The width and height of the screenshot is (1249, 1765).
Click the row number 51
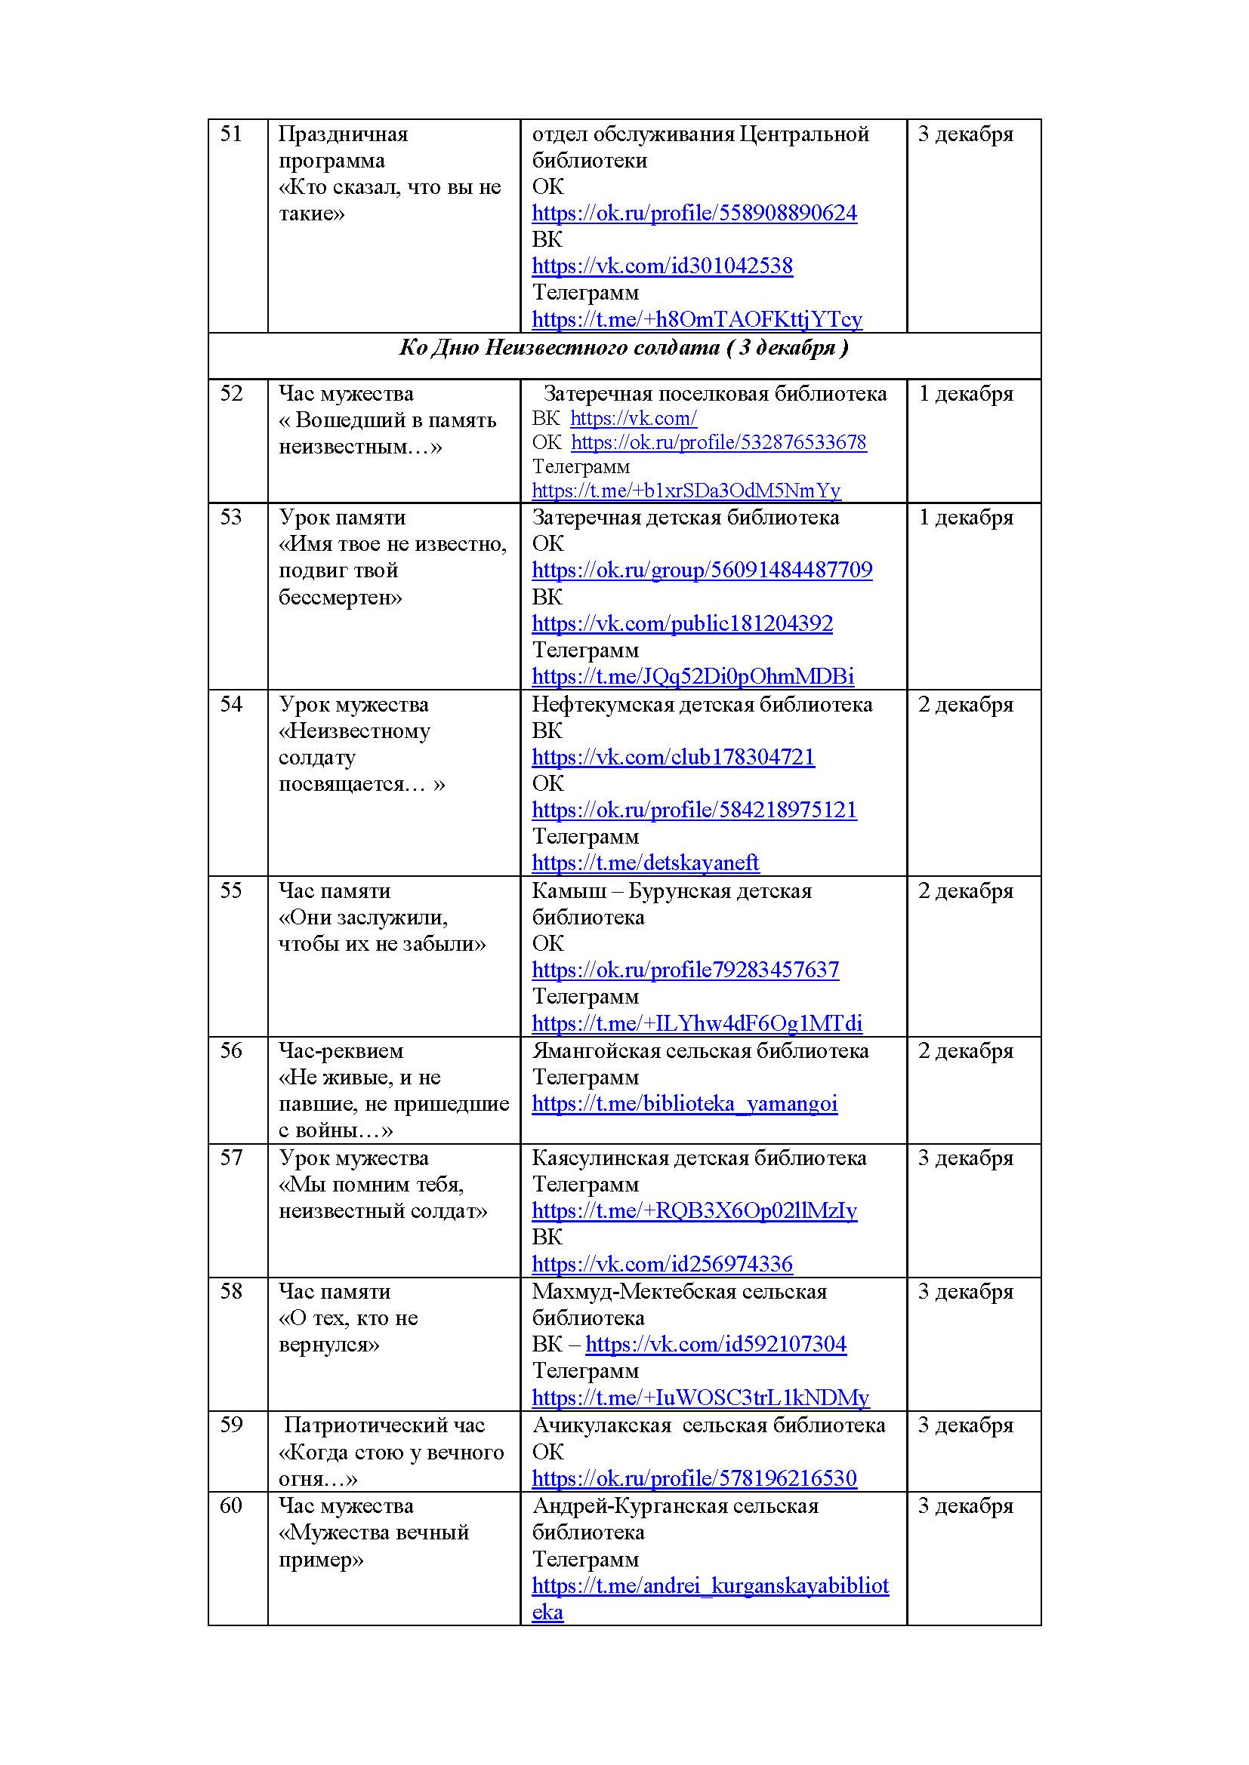click(231, 134)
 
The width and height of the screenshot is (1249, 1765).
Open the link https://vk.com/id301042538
click(662, 266)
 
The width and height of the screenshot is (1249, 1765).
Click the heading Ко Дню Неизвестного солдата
click(624, 348)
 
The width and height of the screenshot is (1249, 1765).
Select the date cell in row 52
click(966, 395)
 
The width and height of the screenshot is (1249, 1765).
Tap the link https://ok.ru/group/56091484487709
click(702, 570)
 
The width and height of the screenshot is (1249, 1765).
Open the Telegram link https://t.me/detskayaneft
click(645, 863)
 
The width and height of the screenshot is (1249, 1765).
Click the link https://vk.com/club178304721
click(673, 758)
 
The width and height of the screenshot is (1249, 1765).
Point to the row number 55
click(231, 891)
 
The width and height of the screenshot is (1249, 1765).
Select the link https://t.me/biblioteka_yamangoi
click(684, 1105)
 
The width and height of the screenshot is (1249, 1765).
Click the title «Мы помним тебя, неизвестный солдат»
click(382, 1198)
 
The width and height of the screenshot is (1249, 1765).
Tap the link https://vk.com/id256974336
click(662, 1265)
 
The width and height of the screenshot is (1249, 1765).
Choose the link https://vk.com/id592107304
click(715, 1345)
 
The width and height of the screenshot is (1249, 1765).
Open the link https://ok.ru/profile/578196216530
click(694, 1478)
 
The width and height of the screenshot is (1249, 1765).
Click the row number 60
click(231, 1506)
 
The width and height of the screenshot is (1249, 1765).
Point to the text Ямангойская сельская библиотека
click(700, 1052)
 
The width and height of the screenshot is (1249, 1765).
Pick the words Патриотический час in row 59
click(384, 1426)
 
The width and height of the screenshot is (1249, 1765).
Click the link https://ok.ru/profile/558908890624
click(694, 214)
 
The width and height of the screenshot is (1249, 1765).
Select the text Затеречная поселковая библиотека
click(714, 395)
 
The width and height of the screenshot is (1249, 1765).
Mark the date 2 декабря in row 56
click(966, 1052)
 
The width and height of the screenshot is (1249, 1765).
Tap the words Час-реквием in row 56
click(341, 1052)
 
